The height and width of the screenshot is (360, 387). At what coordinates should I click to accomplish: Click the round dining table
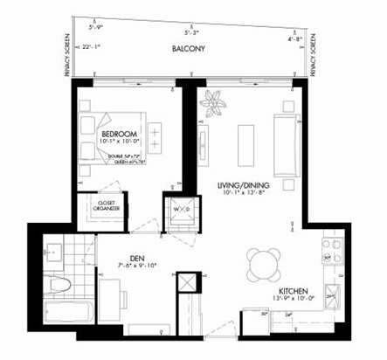tap(263, 261)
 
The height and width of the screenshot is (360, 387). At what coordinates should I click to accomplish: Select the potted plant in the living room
tap(212, 104)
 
